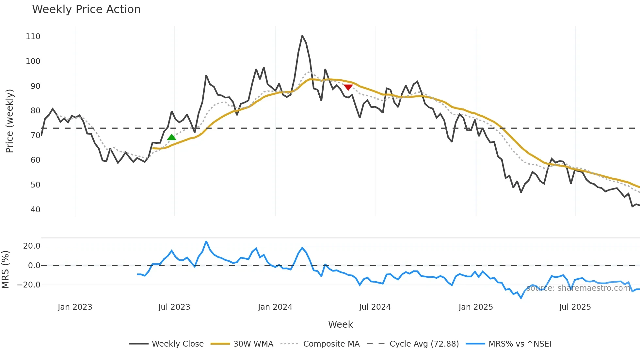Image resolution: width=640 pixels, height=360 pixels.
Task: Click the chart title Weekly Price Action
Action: [x=86, y=9]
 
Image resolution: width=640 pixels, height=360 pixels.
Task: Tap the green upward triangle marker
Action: [x=171, y=137]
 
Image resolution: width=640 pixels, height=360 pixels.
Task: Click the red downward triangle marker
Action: [x=348, y=87]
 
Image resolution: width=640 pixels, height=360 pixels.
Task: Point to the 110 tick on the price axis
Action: [x=33, y=37]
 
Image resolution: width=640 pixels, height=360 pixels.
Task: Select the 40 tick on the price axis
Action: [x=35, y=210]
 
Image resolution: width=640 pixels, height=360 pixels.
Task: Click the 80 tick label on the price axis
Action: [x=35, y=111]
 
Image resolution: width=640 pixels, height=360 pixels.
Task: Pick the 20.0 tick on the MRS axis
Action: [x=32, y=246]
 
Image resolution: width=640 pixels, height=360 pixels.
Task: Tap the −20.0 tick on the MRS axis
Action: [x=29, y=285]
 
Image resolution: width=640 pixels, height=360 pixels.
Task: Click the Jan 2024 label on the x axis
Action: [x=275, y=307]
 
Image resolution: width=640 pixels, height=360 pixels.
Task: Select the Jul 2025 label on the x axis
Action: [x=575, y=307]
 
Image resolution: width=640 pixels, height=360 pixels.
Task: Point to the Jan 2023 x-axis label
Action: [x=75, y=307]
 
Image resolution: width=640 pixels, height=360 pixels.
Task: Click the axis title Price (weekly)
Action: [x=9, y=121]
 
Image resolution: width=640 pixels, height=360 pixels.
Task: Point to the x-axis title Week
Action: [x=340, y=324]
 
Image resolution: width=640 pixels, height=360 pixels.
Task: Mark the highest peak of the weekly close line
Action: [x=302, y=36]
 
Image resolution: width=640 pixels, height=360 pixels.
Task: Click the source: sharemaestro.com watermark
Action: [x=578, y=288]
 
